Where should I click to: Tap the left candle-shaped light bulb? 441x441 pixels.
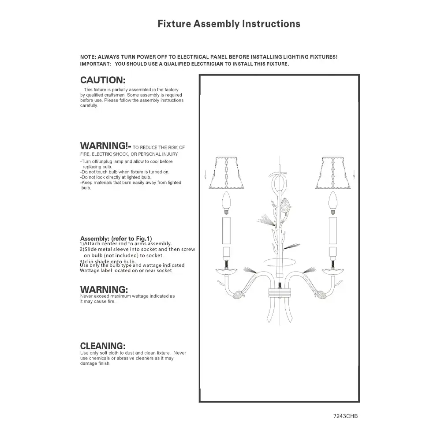(227, 202)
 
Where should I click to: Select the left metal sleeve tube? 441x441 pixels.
(227, 230)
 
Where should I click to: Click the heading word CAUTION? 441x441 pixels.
(103, 80)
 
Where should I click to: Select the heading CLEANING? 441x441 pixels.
(103, 346)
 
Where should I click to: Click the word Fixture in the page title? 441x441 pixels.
(174, 24)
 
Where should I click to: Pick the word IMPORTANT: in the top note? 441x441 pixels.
(95, 64)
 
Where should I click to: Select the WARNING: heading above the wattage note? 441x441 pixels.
(104, 290)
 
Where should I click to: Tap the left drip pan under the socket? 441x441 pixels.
(227, 270)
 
